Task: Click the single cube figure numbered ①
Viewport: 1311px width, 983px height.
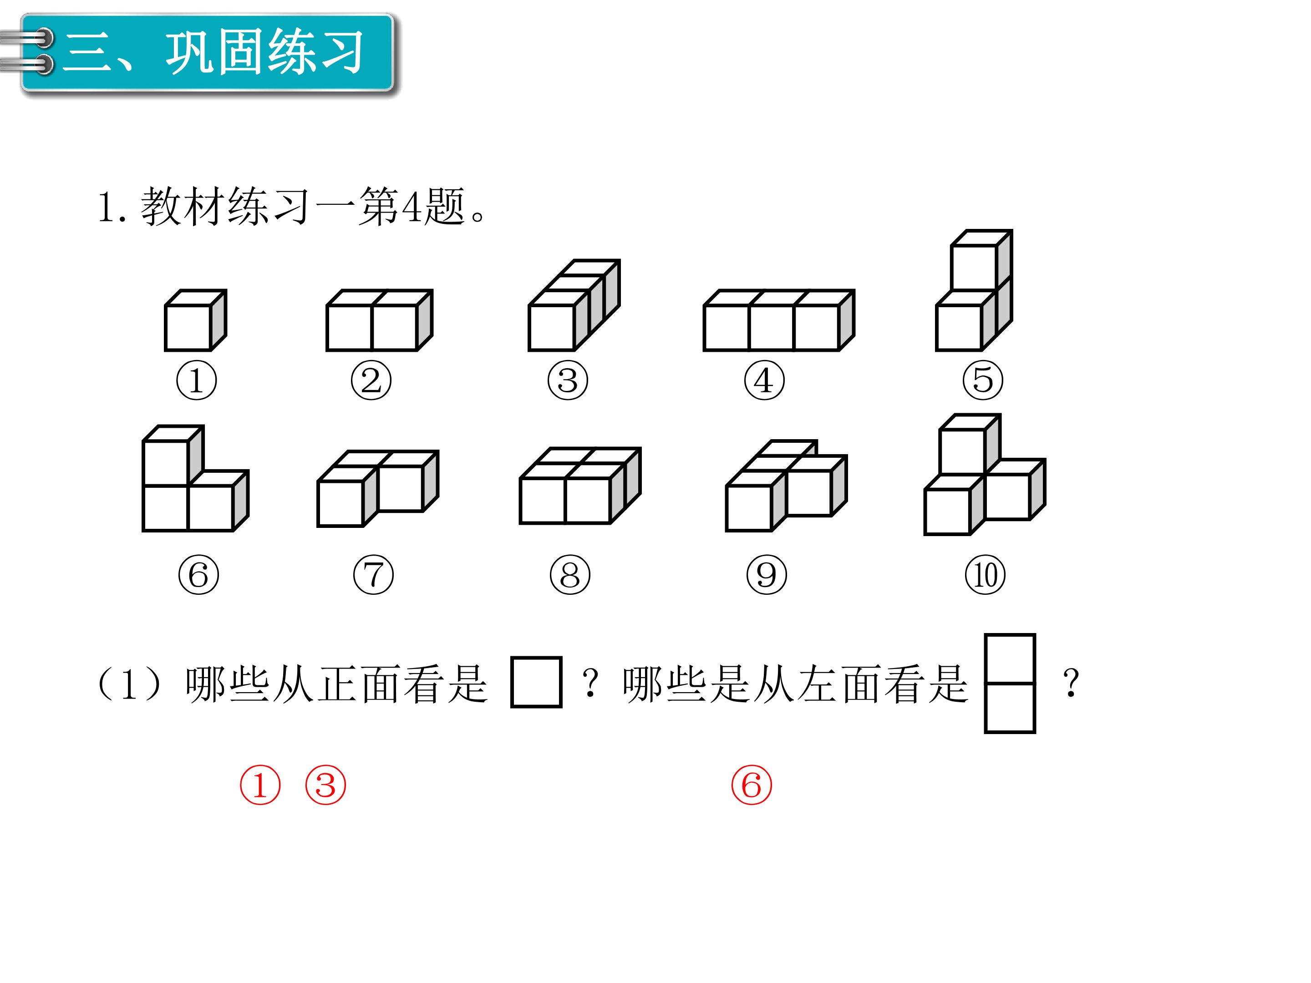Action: (196, 320)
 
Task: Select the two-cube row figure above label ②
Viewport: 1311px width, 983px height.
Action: (379, 320)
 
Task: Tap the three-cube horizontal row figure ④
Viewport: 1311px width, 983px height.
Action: (778, 320)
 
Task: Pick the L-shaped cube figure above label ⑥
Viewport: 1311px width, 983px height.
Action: (196, 478)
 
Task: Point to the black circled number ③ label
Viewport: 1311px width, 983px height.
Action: (568, 380)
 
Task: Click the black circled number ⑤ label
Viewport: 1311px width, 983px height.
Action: (983, 380)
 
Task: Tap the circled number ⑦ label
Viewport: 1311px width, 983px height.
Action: (373, 575)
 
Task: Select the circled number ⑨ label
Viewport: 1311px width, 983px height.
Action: (766, 575)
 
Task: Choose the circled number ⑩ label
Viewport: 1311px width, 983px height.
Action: (985, 575)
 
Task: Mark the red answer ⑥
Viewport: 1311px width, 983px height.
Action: (752, 785)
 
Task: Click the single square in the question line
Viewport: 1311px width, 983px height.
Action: (536, 682)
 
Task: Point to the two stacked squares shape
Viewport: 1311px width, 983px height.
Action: (1010, 683)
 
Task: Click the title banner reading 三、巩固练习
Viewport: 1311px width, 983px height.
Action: (208, 53)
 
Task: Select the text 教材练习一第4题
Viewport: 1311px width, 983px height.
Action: (302, 206)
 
